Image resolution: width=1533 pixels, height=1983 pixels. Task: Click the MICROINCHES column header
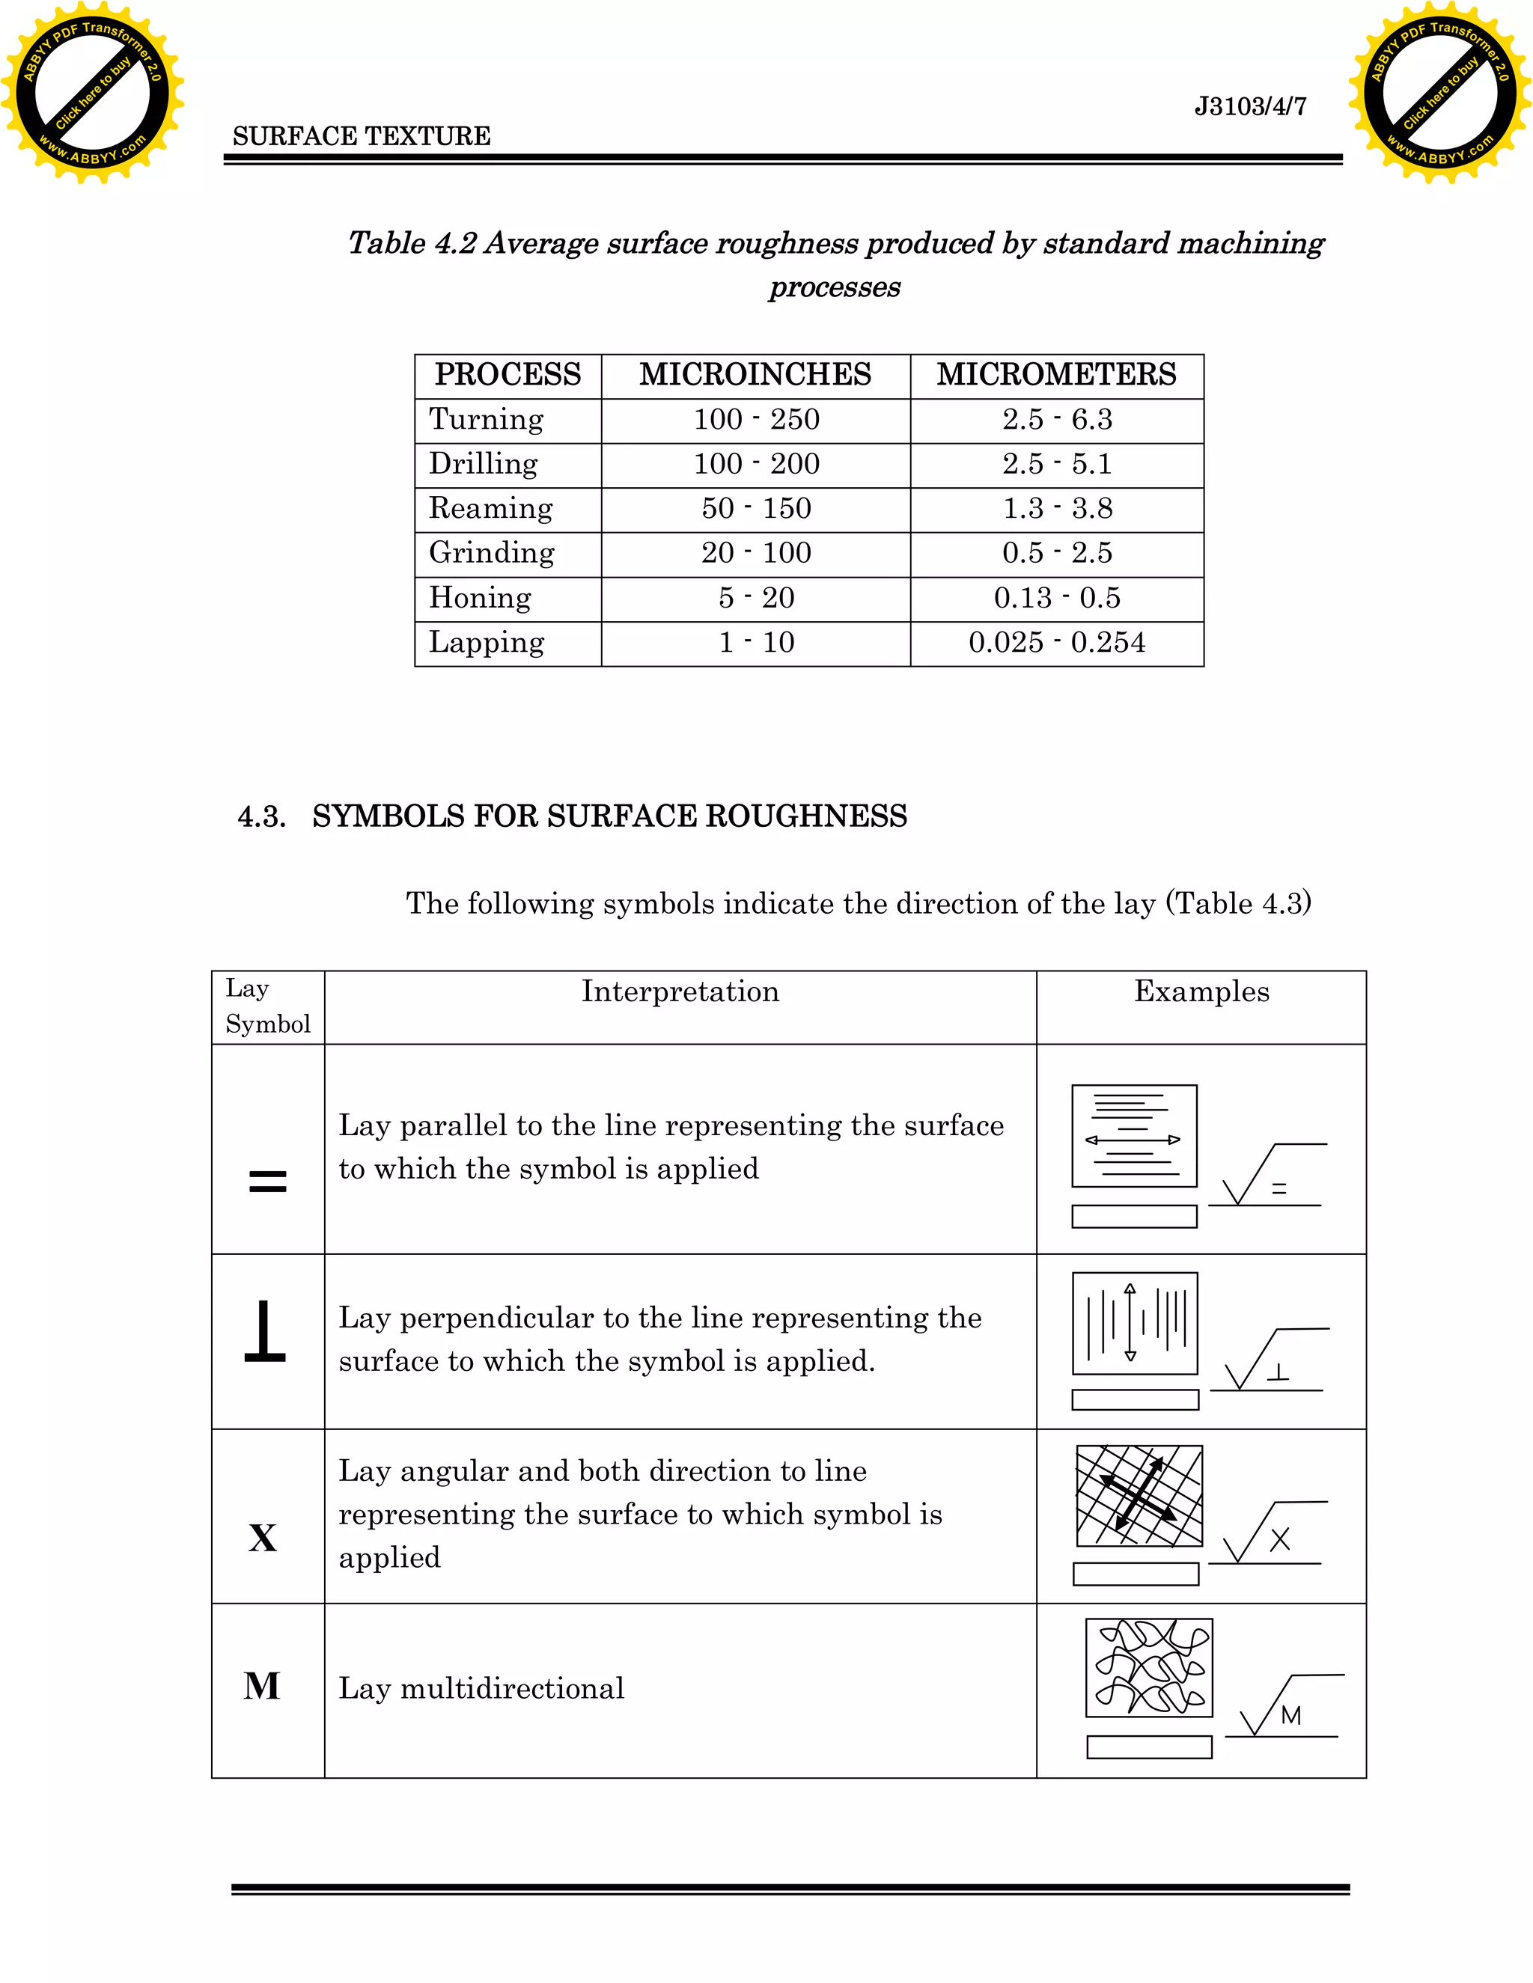(755, 374)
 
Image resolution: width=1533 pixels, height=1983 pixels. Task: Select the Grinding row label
(491, 553)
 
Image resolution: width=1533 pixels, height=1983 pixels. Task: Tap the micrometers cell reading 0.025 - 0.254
(1056, 643)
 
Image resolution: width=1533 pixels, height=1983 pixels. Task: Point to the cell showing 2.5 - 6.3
(1056, 420)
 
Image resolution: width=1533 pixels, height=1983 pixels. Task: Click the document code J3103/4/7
(1249, 107)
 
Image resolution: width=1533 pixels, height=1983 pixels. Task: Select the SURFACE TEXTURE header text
(362, 136)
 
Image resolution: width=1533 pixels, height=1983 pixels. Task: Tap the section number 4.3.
(261, 816)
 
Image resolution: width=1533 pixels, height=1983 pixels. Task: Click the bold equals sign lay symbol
(267, 1182)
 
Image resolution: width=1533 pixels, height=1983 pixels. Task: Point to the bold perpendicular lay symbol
(265, 1331)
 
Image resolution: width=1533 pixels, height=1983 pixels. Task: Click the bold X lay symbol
(263, 1538)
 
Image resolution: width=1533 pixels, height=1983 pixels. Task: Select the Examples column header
(1201, 991)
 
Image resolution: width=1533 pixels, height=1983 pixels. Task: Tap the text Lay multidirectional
(481, 1688)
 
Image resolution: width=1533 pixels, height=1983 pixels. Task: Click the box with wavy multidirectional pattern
(1149, 1668)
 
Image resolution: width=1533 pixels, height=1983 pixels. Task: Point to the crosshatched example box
(1139, 1495)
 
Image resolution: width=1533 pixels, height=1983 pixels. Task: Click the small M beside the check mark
(1290, 1715)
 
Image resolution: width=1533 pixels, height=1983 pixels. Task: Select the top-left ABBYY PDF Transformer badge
(93, 93)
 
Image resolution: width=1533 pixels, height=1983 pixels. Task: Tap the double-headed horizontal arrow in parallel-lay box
(1133, 1140)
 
